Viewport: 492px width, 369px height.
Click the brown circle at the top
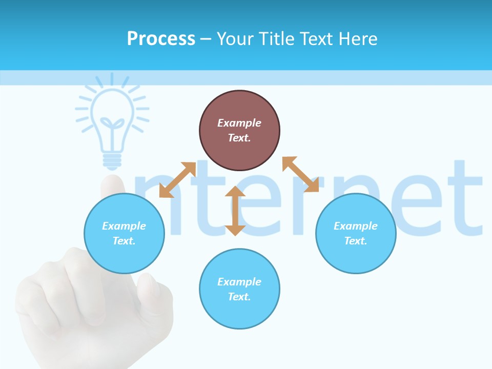(x=239, y=130)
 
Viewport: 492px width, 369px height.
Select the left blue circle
(x=124, y=233)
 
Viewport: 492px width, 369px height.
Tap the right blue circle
(x=356, y=233)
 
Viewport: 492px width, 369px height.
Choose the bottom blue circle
(x=239, y=289)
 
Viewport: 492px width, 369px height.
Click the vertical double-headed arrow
(x=235, y=211)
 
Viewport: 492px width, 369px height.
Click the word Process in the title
(x=161, y=38)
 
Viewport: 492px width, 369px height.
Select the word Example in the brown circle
(x=239, y=123)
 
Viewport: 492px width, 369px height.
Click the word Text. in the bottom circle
(x=239, y=297)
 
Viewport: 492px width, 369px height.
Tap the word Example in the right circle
(x=356, y=226)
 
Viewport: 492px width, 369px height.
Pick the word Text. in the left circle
(x=124, y=241)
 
